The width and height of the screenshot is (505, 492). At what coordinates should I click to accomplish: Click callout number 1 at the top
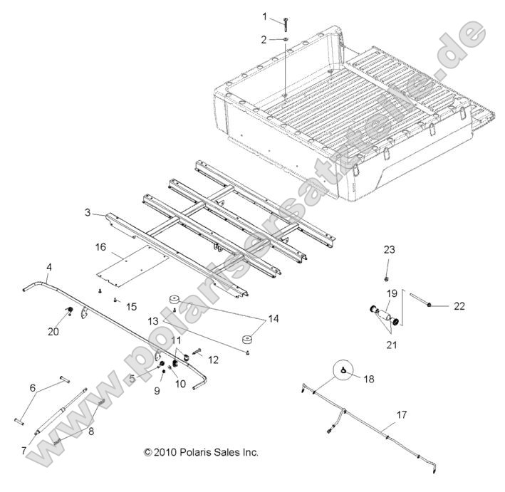click(x=264, y=16)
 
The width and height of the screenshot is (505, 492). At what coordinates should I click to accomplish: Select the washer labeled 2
click(x=284, y=40)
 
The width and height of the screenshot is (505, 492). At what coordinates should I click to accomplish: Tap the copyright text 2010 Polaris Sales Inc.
click(x=201, y=452)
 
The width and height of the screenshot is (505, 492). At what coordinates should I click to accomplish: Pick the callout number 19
click(x=392, y=293)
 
